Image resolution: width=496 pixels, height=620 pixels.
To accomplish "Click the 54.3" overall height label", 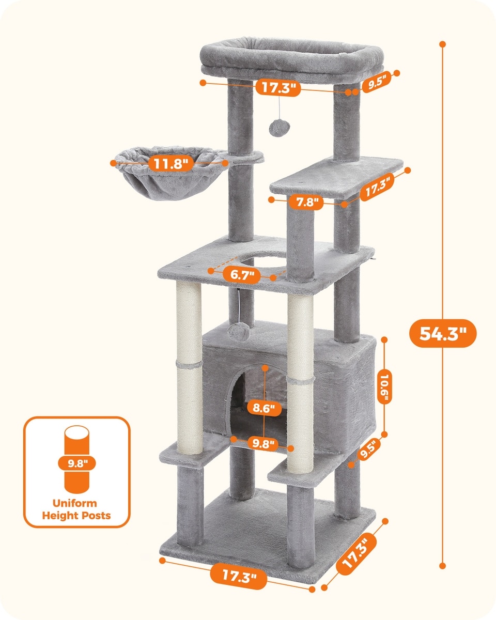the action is pyautogui.click(x=443, y=333).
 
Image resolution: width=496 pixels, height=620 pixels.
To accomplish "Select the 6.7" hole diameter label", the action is pyautogui.click(x=242, y=275).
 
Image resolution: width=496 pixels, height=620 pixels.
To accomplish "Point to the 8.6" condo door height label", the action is pyautogui.click(x=265, y=408).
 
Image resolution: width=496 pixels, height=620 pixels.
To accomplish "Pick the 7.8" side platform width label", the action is pyautogui.click(x=306, y=202).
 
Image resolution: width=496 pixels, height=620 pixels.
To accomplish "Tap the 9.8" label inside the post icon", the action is pyautogui.click(x=77, y=463).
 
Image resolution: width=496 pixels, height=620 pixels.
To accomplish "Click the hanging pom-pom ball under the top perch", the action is pyautogui.click(x=280, y=129).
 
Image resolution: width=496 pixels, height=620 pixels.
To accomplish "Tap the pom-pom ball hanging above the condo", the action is pyautogui.click(x=238, y=332).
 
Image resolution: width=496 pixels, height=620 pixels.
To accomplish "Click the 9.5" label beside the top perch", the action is pyautogui.click(x=377, y=82).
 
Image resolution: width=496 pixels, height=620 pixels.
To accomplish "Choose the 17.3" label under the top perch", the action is pyautogui.click(x=278, y=87).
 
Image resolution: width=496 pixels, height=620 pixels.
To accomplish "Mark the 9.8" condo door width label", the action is pyautogui.click(x=262, y=443).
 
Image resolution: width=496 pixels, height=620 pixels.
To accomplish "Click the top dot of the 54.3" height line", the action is pyautogui.click(x=443, y=44).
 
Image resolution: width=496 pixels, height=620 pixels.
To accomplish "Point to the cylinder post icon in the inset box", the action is pyautogui.click(x=76, y=459).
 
